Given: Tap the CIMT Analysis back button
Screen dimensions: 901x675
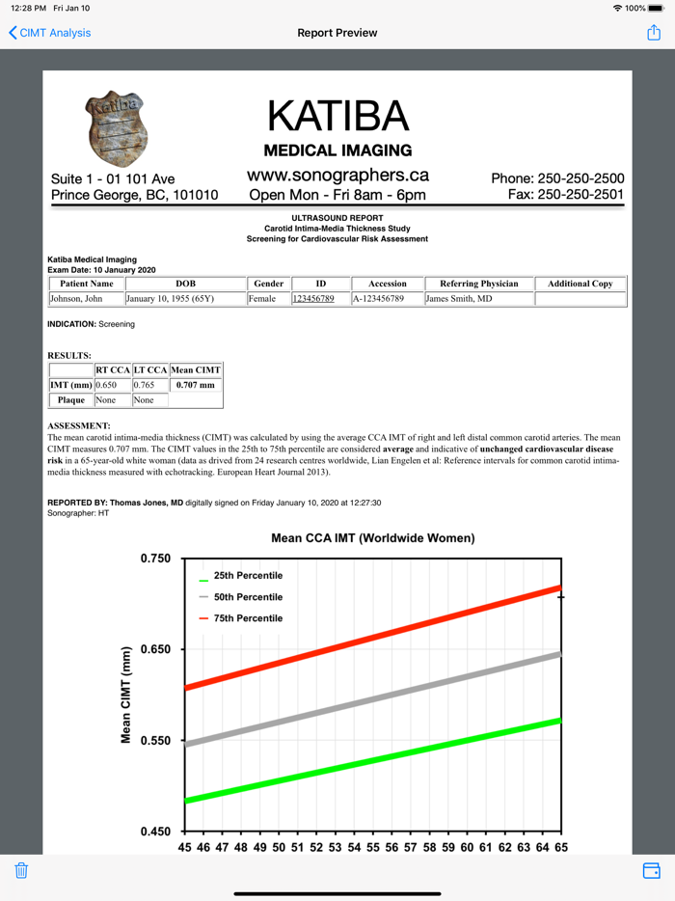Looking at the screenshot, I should coord(49,33).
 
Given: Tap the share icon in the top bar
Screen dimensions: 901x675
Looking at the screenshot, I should coord(654,33).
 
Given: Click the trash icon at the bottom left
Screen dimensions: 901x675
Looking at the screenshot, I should coord(21,870).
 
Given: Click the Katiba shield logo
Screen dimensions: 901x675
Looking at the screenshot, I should coord(118,128).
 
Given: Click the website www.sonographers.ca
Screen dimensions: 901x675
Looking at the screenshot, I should coord(337,176).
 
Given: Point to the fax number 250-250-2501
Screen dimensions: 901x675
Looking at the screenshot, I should coord(566,195).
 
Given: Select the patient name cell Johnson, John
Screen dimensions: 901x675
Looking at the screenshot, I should coord(76,299).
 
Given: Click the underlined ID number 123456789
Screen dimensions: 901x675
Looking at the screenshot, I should coord(313,299).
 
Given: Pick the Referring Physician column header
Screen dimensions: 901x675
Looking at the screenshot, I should coord(478,284).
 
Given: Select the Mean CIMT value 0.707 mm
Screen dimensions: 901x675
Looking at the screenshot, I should coord(195,385).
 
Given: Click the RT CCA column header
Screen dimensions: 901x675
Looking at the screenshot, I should coord(112,369).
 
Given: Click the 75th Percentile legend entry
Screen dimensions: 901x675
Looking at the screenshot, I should coord(248,618).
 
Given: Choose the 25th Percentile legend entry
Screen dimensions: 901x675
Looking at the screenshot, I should coord(248,576).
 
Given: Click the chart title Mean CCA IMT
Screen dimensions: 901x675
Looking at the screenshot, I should coord(372,538).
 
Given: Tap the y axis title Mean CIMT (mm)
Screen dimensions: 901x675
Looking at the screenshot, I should coord(126,695).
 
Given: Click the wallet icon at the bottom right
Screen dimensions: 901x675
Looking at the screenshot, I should coord(652,870).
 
